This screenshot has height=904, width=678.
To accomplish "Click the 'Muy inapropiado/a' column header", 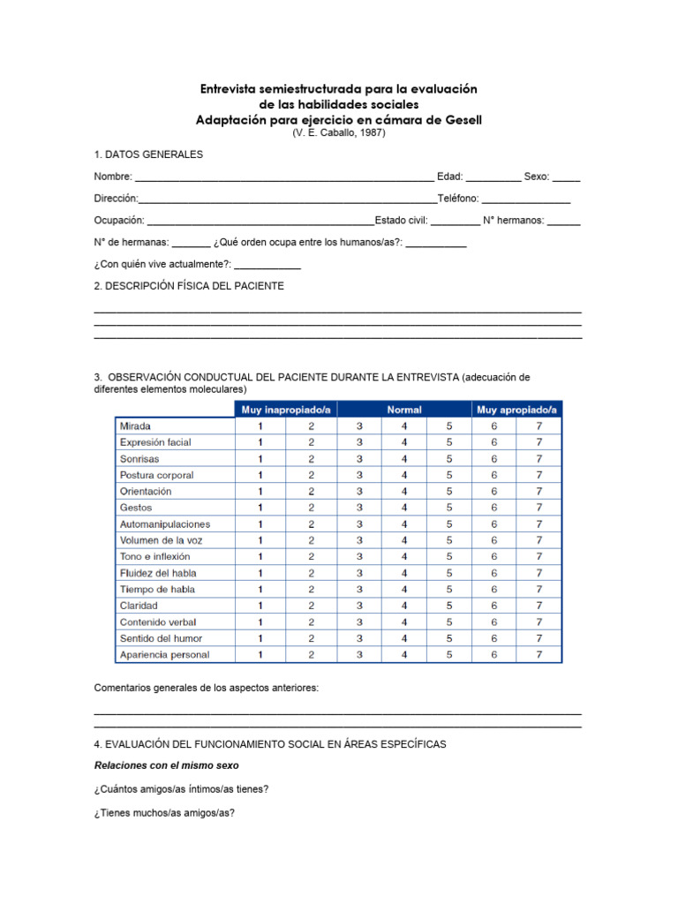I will [x=287, y=410].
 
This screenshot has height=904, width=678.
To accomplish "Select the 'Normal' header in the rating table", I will [x=404, y=410].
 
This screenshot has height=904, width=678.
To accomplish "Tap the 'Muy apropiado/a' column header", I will [x=516, y=410].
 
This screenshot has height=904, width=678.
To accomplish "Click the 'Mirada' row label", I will [x=135, y=426].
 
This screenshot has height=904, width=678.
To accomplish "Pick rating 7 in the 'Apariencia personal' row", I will [x=539, y=655].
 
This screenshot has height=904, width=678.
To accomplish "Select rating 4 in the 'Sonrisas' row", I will [x=404, y=459].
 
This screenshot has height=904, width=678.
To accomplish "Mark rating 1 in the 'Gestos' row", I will [x=260, y=508].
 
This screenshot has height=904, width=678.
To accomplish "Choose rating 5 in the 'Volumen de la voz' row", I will [x=448, y=540].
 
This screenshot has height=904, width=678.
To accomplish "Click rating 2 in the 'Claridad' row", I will [x=311, y=606].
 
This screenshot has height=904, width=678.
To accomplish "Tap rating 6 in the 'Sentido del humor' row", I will [x=494, y=638].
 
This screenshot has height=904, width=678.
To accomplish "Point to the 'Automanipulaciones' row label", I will [x=165, y=524].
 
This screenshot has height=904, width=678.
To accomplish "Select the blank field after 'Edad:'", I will [x=493, y=177].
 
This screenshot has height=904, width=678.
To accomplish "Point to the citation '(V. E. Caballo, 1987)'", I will [x=339, y=132].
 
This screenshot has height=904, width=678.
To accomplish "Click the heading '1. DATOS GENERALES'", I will [x=148, y=154].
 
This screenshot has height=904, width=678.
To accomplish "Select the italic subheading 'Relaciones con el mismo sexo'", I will [x=166, y=765].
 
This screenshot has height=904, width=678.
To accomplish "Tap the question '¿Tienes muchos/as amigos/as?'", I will [x=164, y=813].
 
